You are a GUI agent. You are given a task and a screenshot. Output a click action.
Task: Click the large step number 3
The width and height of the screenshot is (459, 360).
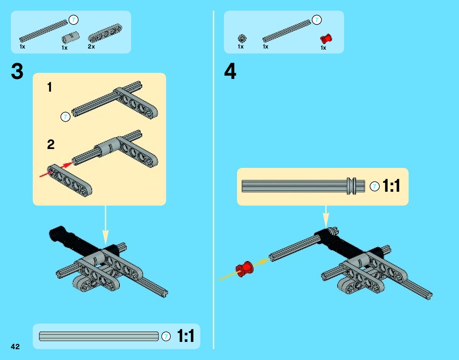tap(17, 72)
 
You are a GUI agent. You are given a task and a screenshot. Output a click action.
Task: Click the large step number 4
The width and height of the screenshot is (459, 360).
tap(230, 72)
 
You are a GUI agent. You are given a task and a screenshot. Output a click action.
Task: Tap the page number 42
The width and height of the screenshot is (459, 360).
tap(15, 347)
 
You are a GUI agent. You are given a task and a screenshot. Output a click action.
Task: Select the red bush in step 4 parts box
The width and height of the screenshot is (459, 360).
tap(326, 39)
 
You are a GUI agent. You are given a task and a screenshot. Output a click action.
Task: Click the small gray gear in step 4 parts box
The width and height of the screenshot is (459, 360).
tap(242, 38)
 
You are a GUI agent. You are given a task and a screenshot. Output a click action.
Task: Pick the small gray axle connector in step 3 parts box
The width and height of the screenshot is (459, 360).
tap(70, 38)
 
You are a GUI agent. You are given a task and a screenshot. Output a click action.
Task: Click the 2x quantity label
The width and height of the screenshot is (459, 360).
tap(91, 47)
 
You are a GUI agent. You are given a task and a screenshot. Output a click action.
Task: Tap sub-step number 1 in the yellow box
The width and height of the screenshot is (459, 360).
tap(50, 88)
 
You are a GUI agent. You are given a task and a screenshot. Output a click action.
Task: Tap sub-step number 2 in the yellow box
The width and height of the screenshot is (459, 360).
tap(50, 145)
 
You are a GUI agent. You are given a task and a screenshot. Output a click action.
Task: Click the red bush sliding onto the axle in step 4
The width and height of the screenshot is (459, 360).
tap(245, 268)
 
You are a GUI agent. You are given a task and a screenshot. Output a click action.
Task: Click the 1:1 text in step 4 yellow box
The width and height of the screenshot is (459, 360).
tap(391, 187)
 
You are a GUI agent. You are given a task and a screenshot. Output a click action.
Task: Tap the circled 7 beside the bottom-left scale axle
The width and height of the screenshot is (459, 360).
tap(166, 336)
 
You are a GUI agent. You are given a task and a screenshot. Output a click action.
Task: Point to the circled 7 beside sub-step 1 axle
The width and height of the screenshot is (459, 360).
tap(66, 117)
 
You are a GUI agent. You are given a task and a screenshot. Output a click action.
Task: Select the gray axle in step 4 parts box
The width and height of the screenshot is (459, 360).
tap(286, 30)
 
